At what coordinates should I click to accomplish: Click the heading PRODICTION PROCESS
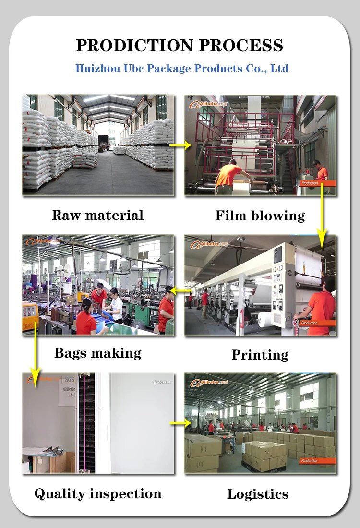coord(180,46)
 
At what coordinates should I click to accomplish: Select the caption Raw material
coord(97,215)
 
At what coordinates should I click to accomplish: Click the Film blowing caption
coord(260,216)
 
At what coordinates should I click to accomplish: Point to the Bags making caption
coord(98,353)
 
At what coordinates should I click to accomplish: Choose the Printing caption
coord(260,355)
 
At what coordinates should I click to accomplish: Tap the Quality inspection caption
coord(98,493)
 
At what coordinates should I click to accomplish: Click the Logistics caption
coord(258,494)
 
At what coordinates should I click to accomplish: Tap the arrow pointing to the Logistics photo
coord(180,423)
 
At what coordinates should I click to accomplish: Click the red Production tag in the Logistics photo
coord(309,461)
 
